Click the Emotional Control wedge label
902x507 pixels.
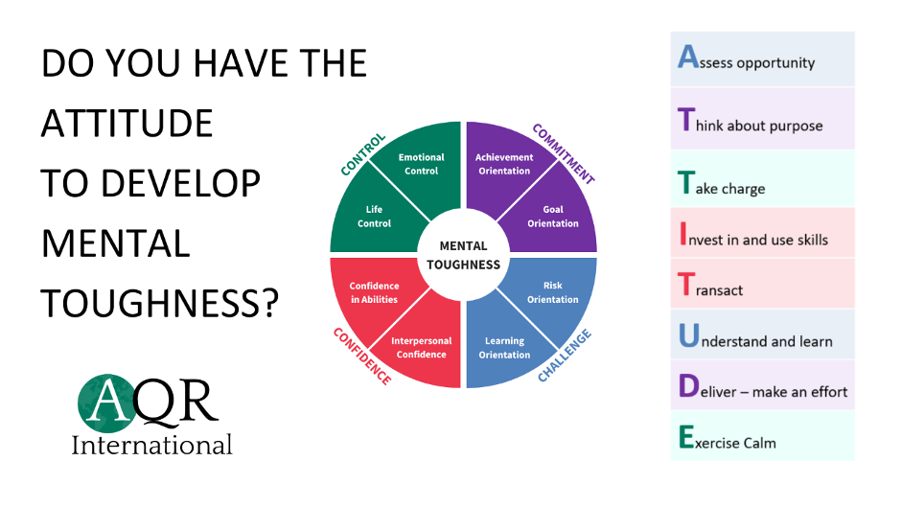coord(421,164)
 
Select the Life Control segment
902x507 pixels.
coord(374,217)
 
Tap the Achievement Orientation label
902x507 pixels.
coord(503,164)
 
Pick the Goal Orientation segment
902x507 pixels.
coord(553,217)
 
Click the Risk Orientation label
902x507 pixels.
coord(553,292)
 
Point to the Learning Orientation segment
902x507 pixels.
coord(504,347)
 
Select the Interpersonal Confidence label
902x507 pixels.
coord(421,347)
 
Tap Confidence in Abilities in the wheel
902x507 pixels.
coord(374,292)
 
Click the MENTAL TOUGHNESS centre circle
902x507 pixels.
coord(463,255)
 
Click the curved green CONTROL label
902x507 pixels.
coord(363,154)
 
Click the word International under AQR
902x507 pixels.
coord(152,446)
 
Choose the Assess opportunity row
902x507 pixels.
coord(762,59)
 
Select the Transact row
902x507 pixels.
coord(762,286)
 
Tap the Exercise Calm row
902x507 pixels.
coord(762,439)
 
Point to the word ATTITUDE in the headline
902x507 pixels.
coord(127,124)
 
